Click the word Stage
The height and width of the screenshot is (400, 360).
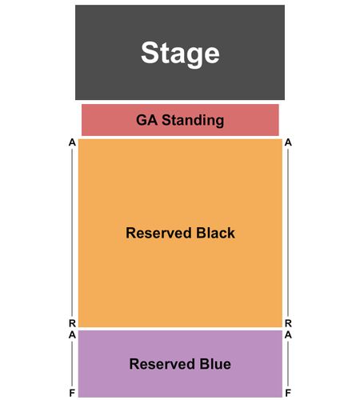pos(180,54)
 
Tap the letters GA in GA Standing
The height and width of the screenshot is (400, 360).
pos(146,120)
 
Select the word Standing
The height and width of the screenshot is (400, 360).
pos(193,121)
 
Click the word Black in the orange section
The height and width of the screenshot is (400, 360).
pos(215,233)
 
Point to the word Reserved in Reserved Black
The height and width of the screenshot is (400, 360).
pos(158,233)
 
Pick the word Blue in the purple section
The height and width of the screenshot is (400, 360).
pos(215,364)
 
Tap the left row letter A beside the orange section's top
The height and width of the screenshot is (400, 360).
pos(72,142)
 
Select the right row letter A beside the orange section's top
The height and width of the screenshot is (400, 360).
pos(288,142)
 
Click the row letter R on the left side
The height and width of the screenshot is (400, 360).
pos(72,323)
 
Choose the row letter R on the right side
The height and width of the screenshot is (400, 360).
pos(288,323)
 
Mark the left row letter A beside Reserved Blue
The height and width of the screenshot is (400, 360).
pos(72,335)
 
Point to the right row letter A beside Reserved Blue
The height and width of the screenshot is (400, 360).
pos(288,335)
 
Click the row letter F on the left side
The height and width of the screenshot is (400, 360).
pos(72,393)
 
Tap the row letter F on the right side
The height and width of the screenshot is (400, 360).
pos(288,393)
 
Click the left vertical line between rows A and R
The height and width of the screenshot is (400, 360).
pos(72,233)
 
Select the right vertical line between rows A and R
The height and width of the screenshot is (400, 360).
pos(288,233)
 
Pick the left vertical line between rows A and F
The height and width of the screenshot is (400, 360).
pos(72,364)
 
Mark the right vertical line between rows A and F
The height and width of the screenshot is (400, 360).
pos(288,364)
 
